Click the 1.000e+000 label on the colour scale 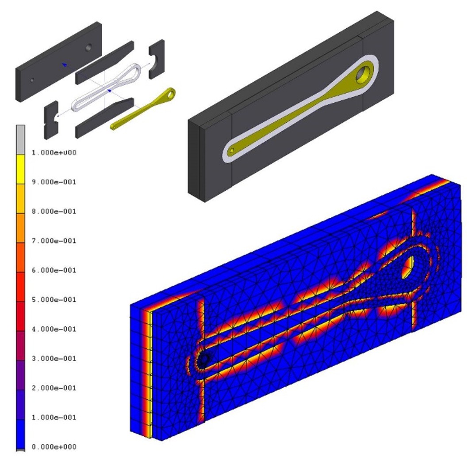coord(54,152)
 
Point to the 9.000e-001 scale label coord(54,182)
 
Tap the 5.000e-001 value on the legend coord(54,299)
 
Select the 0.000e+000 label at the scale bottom coord(54,446)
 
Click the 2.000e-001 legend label coord(54,388)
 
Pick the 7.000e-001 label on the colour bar coord(54,241)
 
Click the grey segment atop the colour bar coord(21,140)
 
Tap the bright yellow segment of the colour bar coord(21,170)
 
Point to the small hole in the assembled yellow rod coord(232,150)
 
